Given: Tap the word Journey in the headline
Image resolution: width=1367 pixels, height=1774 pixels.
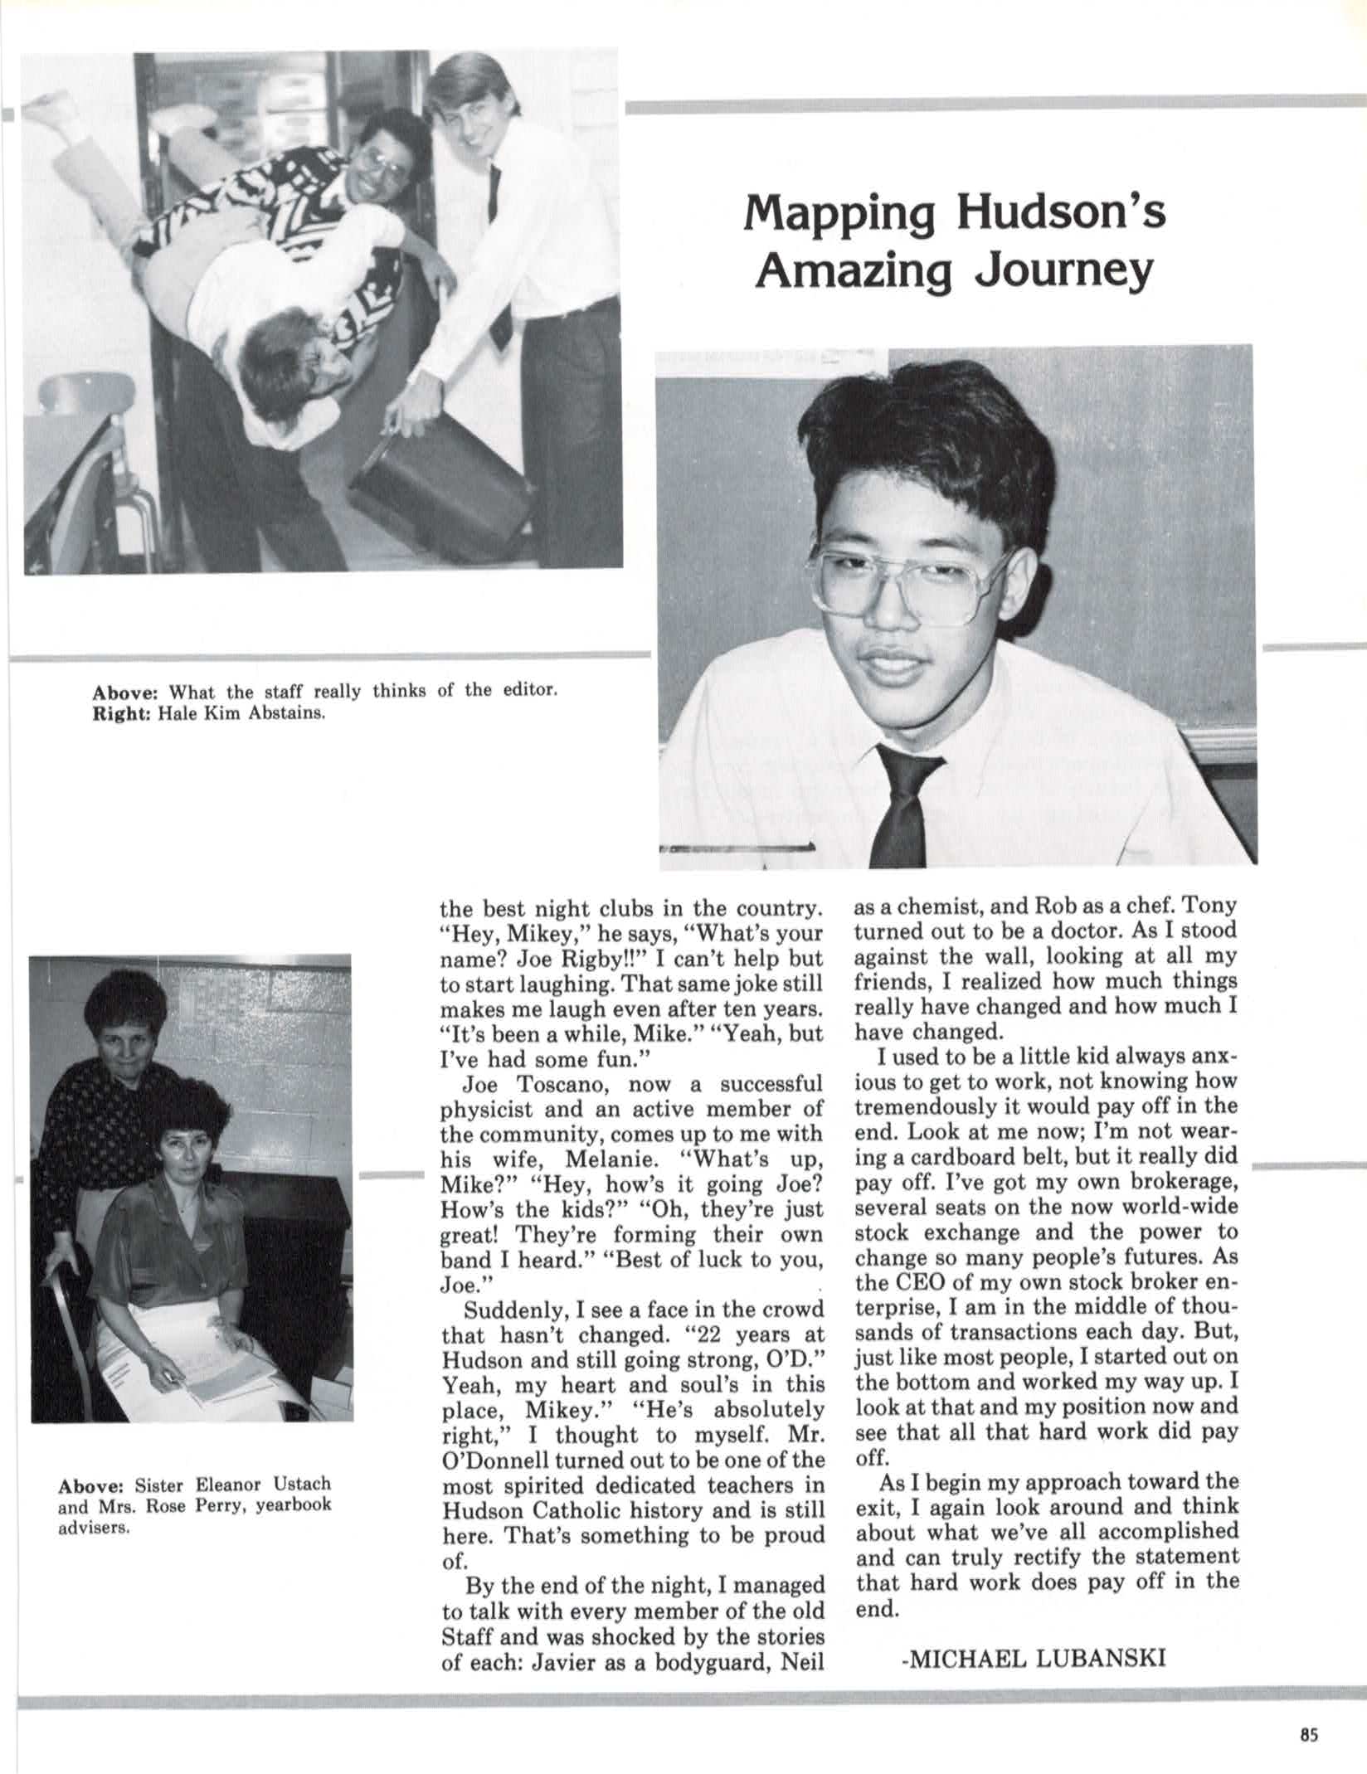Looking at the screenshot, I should point(1063,270).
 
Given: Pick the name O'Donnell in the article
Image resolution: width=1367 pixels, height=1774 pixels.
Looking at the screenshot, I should point(494,1459).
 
